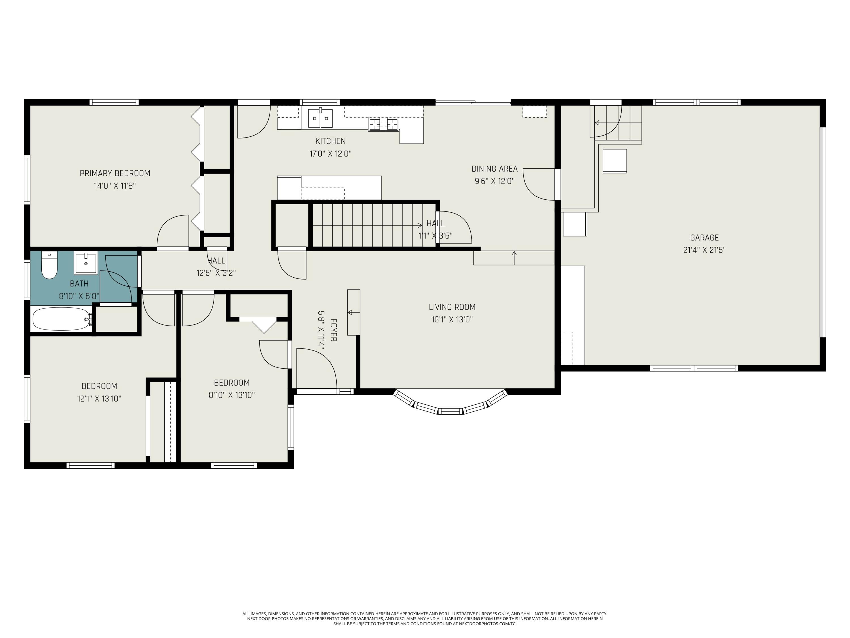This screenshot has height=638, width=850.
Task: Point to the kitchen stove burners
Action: point(383,124)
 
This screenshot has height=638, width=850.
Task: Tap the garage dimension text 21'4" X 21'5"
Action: point(704,250)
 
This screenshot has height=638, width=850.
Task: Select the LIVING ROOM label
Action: point(452,307)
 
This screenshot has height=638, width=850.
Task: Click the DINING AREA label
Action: point(494,169)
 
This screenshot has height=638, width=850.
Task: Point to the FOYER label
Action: point(333,330)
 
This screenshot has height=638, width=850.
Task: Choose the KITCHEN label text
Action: point(330,141)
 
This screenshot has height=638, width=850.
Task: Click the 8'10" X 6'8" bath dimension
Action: point(79,296)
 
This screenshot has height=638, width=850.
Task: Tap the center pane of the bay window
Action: point(450,411)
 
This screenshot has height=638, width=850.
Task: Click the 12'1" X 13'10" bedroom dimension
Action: point(99,399)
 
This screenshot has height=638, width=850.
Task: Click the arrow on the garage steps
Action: point(597,123)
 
